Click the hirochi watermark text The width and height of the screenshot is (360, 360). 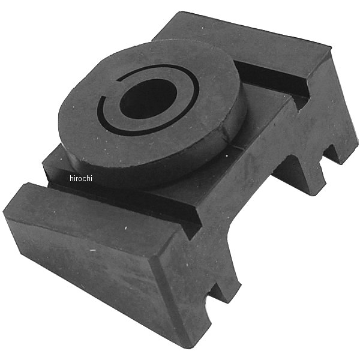[81, 178]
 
